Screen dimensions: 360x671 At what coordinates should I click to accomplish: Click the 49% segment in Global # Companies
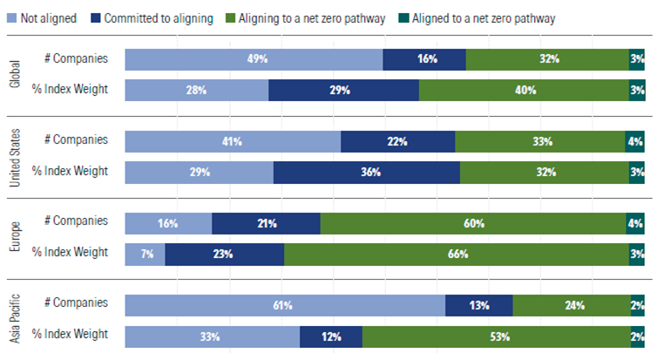[254, 59]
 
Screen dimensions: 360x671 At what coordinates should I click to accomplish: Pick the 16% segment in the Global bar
[424, 59]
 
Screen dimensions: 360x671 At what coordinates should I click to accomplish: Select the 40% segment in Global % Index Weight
[524, 91]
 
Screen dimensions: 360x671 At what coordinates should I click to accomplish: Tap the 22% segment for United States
[397, 141]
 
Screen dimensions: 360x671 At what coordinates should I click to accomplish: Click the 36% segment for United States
[367, 172]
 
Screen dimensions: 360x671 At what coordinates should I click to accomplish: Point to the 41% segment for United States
[233, 141]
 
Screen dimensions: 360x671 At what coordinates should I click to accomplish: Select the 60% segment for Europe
[473, 223]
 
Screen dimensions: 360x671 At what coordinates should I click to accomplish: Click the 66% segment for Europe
[457, 254]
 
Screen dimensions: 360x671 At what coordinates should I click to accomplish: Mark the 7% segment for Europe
[145, 254]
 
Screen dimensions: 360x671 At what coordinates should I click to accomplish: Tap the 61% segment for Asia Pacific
[285, 305]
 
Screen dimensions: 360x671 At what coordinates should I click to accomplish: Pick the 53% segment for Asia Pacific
[496, 336]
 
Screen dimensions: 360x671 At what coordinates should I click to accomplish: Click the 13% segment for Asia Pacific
[478, 305]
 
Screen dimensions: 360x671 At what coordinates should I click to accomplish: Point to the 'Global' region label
[14, 75]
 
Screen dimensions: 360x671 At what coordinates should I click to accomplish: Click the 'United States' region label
[14, 156]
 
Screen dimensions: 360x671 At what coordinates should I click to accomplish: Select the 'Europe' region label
[14, 238]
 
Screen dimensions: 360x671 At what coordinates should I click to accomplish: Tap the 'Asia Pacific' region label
[14, 320]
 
